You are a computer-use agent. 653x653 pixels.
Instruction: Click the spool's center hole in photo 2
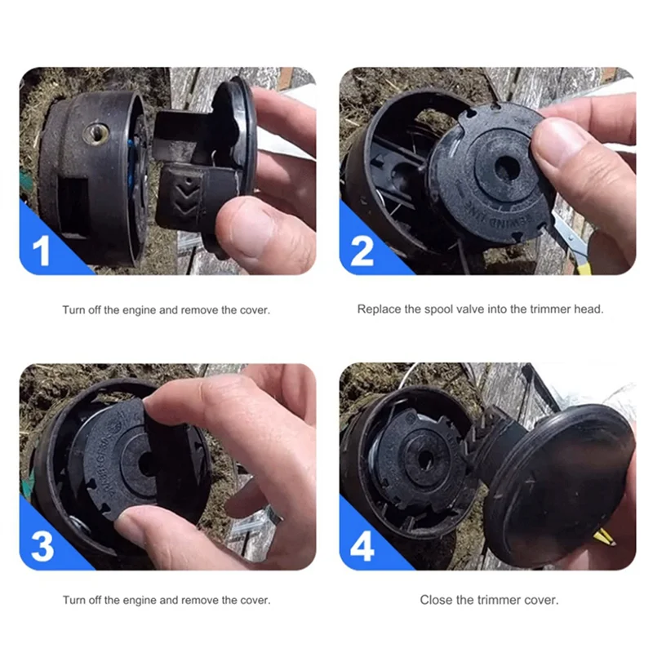coord(507,170)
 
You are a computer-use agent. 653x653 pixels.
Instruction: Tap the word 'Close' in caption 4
coord(436,599)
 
